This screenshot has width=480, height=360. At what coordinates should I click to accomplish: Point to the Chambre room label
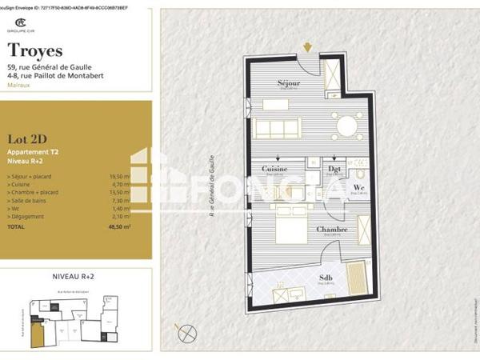[x=331, y=230]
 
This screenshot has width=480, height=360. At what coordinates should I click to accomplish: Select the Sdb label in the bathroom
[x=326, y=278]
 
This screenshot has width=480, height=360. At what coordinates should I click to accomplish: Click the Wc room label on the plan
[x=359, y=187]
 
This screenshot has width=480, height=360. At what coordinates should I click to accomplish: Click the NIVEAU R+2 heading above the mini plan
[x=74, y=274]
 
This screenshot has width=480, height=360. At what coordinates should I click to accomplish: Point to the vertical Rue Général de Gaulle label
[x=212, y=189]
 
